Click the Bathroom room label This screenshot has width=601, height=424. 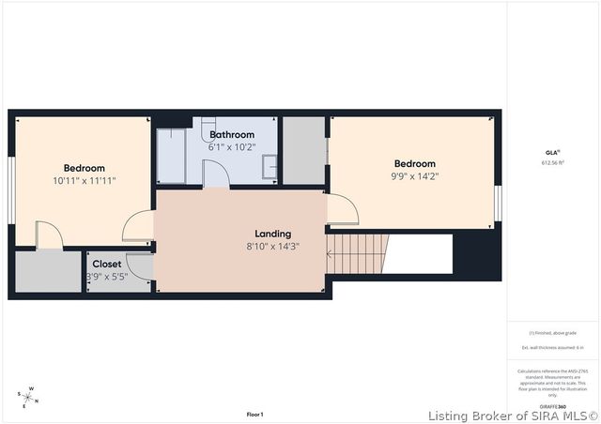point(232,135)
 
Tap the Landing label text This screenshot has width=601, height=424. point(273,234)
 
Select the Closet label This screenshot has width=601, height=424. point(106,265)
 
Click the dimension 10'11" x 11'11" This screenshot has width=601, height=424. point(85,180)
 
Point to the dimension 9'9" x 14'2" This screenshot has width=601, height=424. point(415,175)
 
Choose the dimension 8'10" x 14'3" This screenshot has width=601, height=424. point(273,248)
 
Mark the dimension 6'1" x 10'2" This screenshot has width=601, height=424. point(232,147)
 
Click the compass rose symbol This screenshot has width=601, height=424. point(30,396)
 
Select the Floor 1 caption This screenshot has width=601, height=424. point(254,414)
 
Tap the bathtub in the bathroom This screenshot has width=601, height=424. point(171,155)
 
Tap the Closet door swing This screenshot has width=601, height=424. point(138,266)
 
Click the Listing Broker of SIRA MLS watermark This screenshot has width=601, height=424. point(513,415)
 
